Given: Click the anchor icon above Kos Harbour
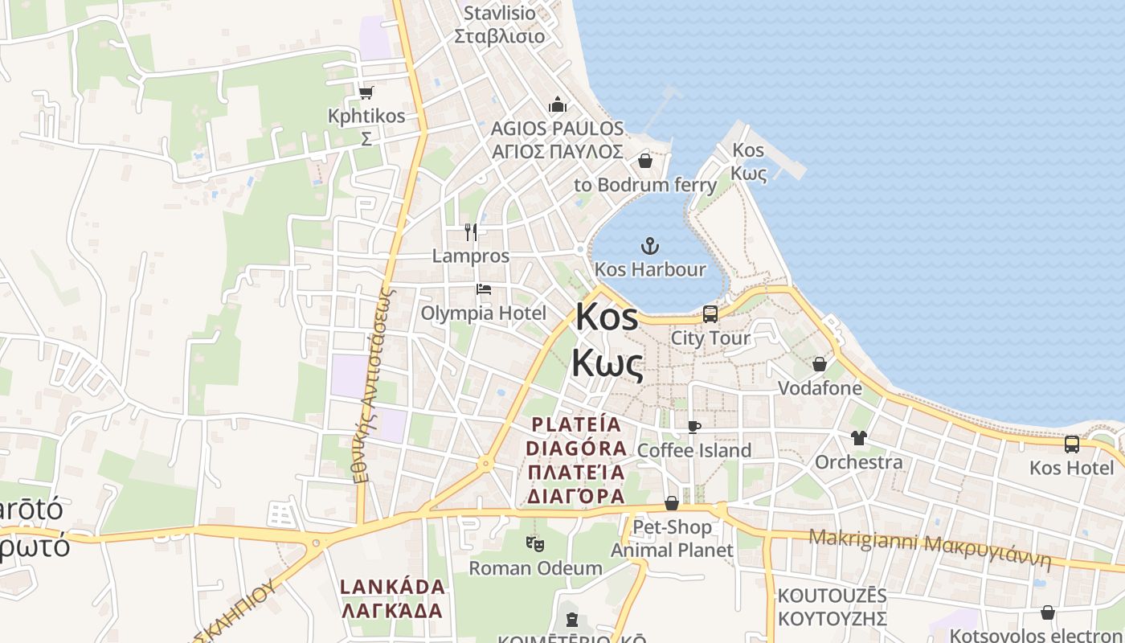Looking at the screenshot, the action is tap(649, 245).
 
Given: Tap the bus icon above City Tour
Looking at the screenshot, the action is tap(710, 313).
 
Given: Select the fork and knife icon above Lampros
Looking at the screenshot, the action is tap(471, 232).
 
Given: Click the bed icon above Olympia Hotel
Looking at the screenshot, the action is tap(483, 289).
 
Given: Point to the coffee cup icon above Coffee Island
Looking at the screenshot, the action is tap(694, 427).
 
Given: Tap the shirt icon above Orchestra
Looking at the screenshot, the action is tap(859, 438).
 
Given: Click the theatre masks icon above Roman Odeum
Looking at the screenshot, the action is tap(535, 544).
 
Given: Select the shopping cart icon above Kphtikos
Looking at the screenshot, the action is tap(366, 92).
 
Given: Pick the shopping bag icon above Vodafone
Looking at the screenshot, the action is tap(820, 364).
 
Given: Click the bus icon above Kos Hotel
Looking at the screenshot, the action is tap(1072, 444).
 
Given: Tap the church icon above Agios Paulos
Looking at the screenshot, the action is tap(558, 104).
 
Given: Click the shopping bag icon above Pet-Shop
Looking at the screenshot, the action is tap(672, 503).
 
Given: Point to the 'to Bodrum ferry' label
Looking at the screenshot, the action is tap(645, 185).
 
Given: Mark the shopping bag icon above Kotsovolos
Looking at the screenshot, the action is tap(1048, 612).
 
